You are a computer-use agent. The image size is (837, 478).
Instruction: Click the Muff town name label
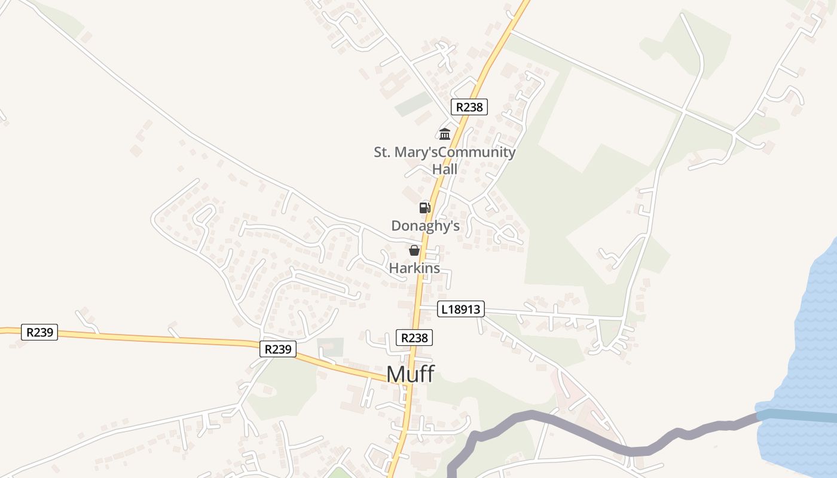(410, 374)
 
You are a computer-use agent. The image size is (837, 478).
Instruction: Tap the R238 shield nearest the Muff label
(414, 338)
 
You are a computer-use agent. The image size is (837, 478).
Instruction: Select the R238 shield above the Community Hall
(469, 107)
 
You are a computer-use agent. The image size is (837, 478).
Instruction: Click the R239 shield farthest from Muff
(39, 332)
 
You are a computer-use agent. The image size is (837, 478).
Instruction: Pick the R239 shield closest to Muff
(278, 349)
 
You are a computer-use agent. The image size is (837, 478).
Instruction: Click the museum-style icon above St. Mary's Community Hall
(445, 134)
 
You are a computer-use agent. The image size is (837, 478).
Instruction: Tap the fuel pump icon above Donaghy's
(424, 208)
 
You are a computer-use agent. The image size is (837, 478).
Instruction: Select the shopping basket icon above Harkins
(414, 250)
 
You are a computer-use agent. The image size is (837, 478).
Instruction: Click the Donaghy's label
(425, 226)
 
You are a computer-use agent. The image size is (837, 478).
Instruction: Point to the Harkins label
(414, 268)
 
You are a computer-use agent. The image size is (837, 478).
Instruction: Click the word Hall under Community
(445, 169)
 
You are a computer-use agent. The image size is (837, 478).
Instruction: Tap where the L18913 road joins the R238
(420, 307)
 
